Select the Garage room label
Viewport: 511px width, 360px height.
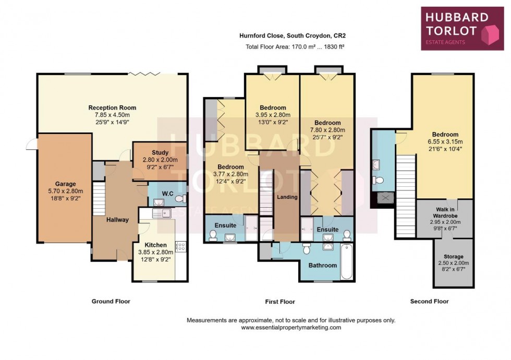pyautogui.click(x=66, y=184)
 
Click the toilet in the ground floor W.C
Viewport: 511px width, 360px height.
pyautogui.click(x=179, y=199)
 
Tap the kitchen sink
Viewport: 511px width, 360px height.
pyautogui.click(x=163, y=212)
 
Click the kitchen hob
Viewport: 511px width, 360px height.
pyautogui.click(x=182, y=247)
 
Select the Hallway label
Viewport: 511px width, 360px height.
pyautogui.click(x=117, y=220)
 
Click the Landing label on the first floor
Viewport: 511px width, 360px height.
pyautogui.click(x=287, y=197)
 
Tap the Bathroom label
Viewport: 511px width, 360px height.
pyautogui.click(x=323, y=265)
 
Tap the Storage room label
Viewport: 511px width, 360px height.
pyautogui.click(x=453, y=256)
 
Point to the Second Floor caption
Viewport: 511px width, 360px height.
pyautogui.click(x=429, y=301)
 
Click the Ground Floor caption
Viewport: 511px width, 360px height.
pyautogui.click(x=111, y=301)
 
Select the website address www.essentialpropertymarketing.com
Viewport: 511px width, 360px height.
pyautogui.click(x=290, y=328)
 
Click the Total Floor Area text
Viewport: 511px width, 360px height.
pyautogui.click(x=295, y=46)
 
